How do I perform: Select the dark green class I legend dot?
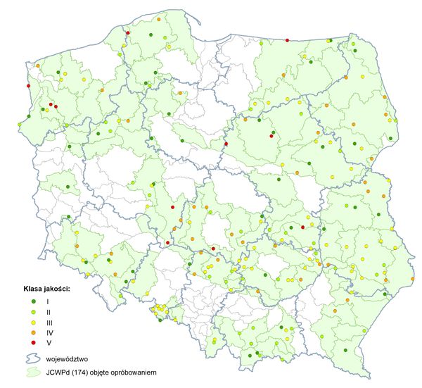tap(33, 301)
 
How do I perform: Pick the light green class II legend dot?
tap(33, 312)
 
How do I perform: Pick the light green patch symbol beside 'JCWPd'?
tap(34, 371)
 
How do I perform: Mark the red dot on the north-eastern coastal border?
tap(288, 40)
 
